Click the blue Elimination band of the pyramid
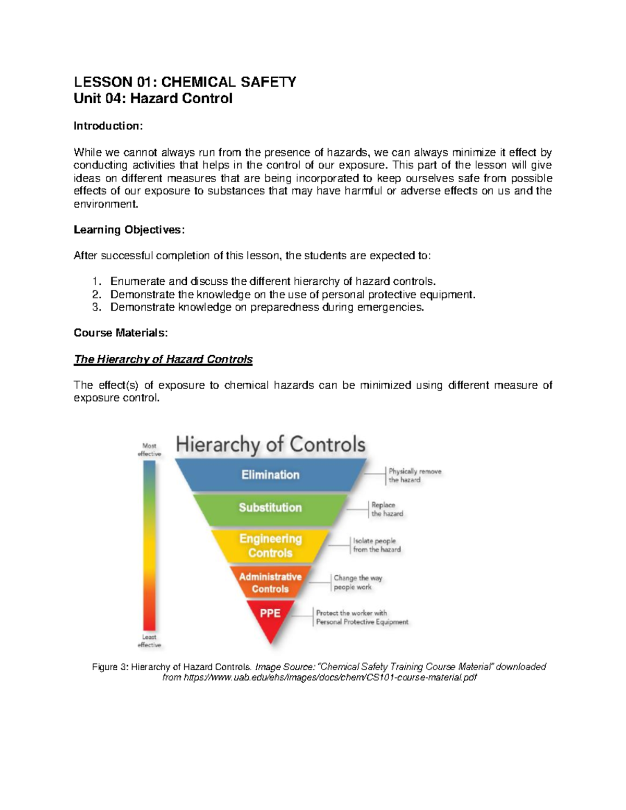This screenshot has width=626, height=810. click(x=270, y=475)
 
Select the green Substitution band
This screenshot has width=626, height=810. click(x=270, y=507)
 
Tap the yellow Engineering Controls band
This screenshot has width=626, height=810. click(x=270, y=546)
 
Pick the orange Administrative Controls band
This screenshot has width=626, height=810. click(x=270, y=583)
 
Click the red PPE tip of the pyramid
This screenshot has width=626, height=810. click(x=270, y=615)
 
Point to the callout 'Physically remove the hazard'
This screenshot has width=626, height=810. click(x=414, y=475)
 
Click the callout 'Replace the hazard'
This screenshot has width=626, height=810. click(x=387, y=509)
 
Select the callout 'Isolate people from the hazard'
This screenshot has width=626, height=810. click(x=376, y=545)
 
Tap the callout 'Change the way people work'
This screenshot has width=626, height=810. click(x=357, y=582)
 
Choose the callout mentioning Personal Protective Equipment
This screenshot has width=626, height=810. click(x=362, y=618)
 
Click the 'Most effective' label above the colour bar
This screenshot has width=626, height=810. click(x=149, y=450)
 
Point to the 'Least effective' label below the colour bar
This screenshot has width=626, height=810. click(x=149, y=641)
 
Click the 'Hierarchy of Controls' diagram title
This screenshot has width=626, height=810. click(x=270, y=444)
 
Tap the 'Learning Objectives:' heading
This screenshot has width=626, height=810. click(x=129, y=229)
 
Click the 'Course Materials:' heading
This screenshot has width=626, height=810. click(x=121, y=333)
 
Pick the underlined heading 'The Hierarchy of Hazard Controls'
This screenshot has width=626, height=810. click(x=163, y=359)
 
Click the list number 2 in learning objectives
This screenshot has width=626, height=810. click(x=96, y=294)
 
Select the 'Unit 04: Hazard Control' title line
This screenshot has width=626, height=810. click(x=153, y=99)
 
